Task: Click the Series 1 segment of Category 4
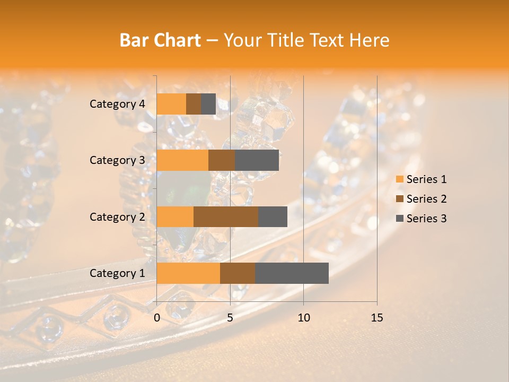(x=171, y=104)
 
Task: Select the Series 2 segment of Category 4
(x=194, y=104)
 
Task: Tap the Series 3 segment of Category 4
(x=208, y=104)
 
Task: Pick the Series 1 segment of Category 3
(x=182, y=160)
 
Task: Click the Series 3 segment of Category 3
(x=257, y=160)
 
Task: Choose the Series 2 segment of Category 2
(x=226, y=216)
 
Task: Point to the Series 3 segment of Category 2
(x=273, y=216)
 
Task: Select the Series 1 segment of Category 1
(x=188, y=273)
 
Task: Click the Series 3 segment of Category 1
(x=292, y=273)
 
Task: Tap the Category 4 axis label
(x=117, y=104)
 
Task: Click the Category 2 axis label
(x=117, y=217)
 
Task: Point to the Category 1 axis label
(x=117, y=273)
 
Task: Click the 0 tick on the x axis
(x=157, y=318)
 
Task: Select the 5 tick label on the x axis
(x=230, y=318)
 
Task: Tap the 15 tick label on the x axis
(x=376, y=318)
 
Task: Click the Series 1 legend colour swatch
(x=399, y=179)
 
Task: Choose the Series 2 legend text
(x=426, y=199)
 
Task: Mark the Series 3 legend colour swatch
(x=399, y=219)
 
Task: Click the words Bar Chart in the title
(x=160, y=40)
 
